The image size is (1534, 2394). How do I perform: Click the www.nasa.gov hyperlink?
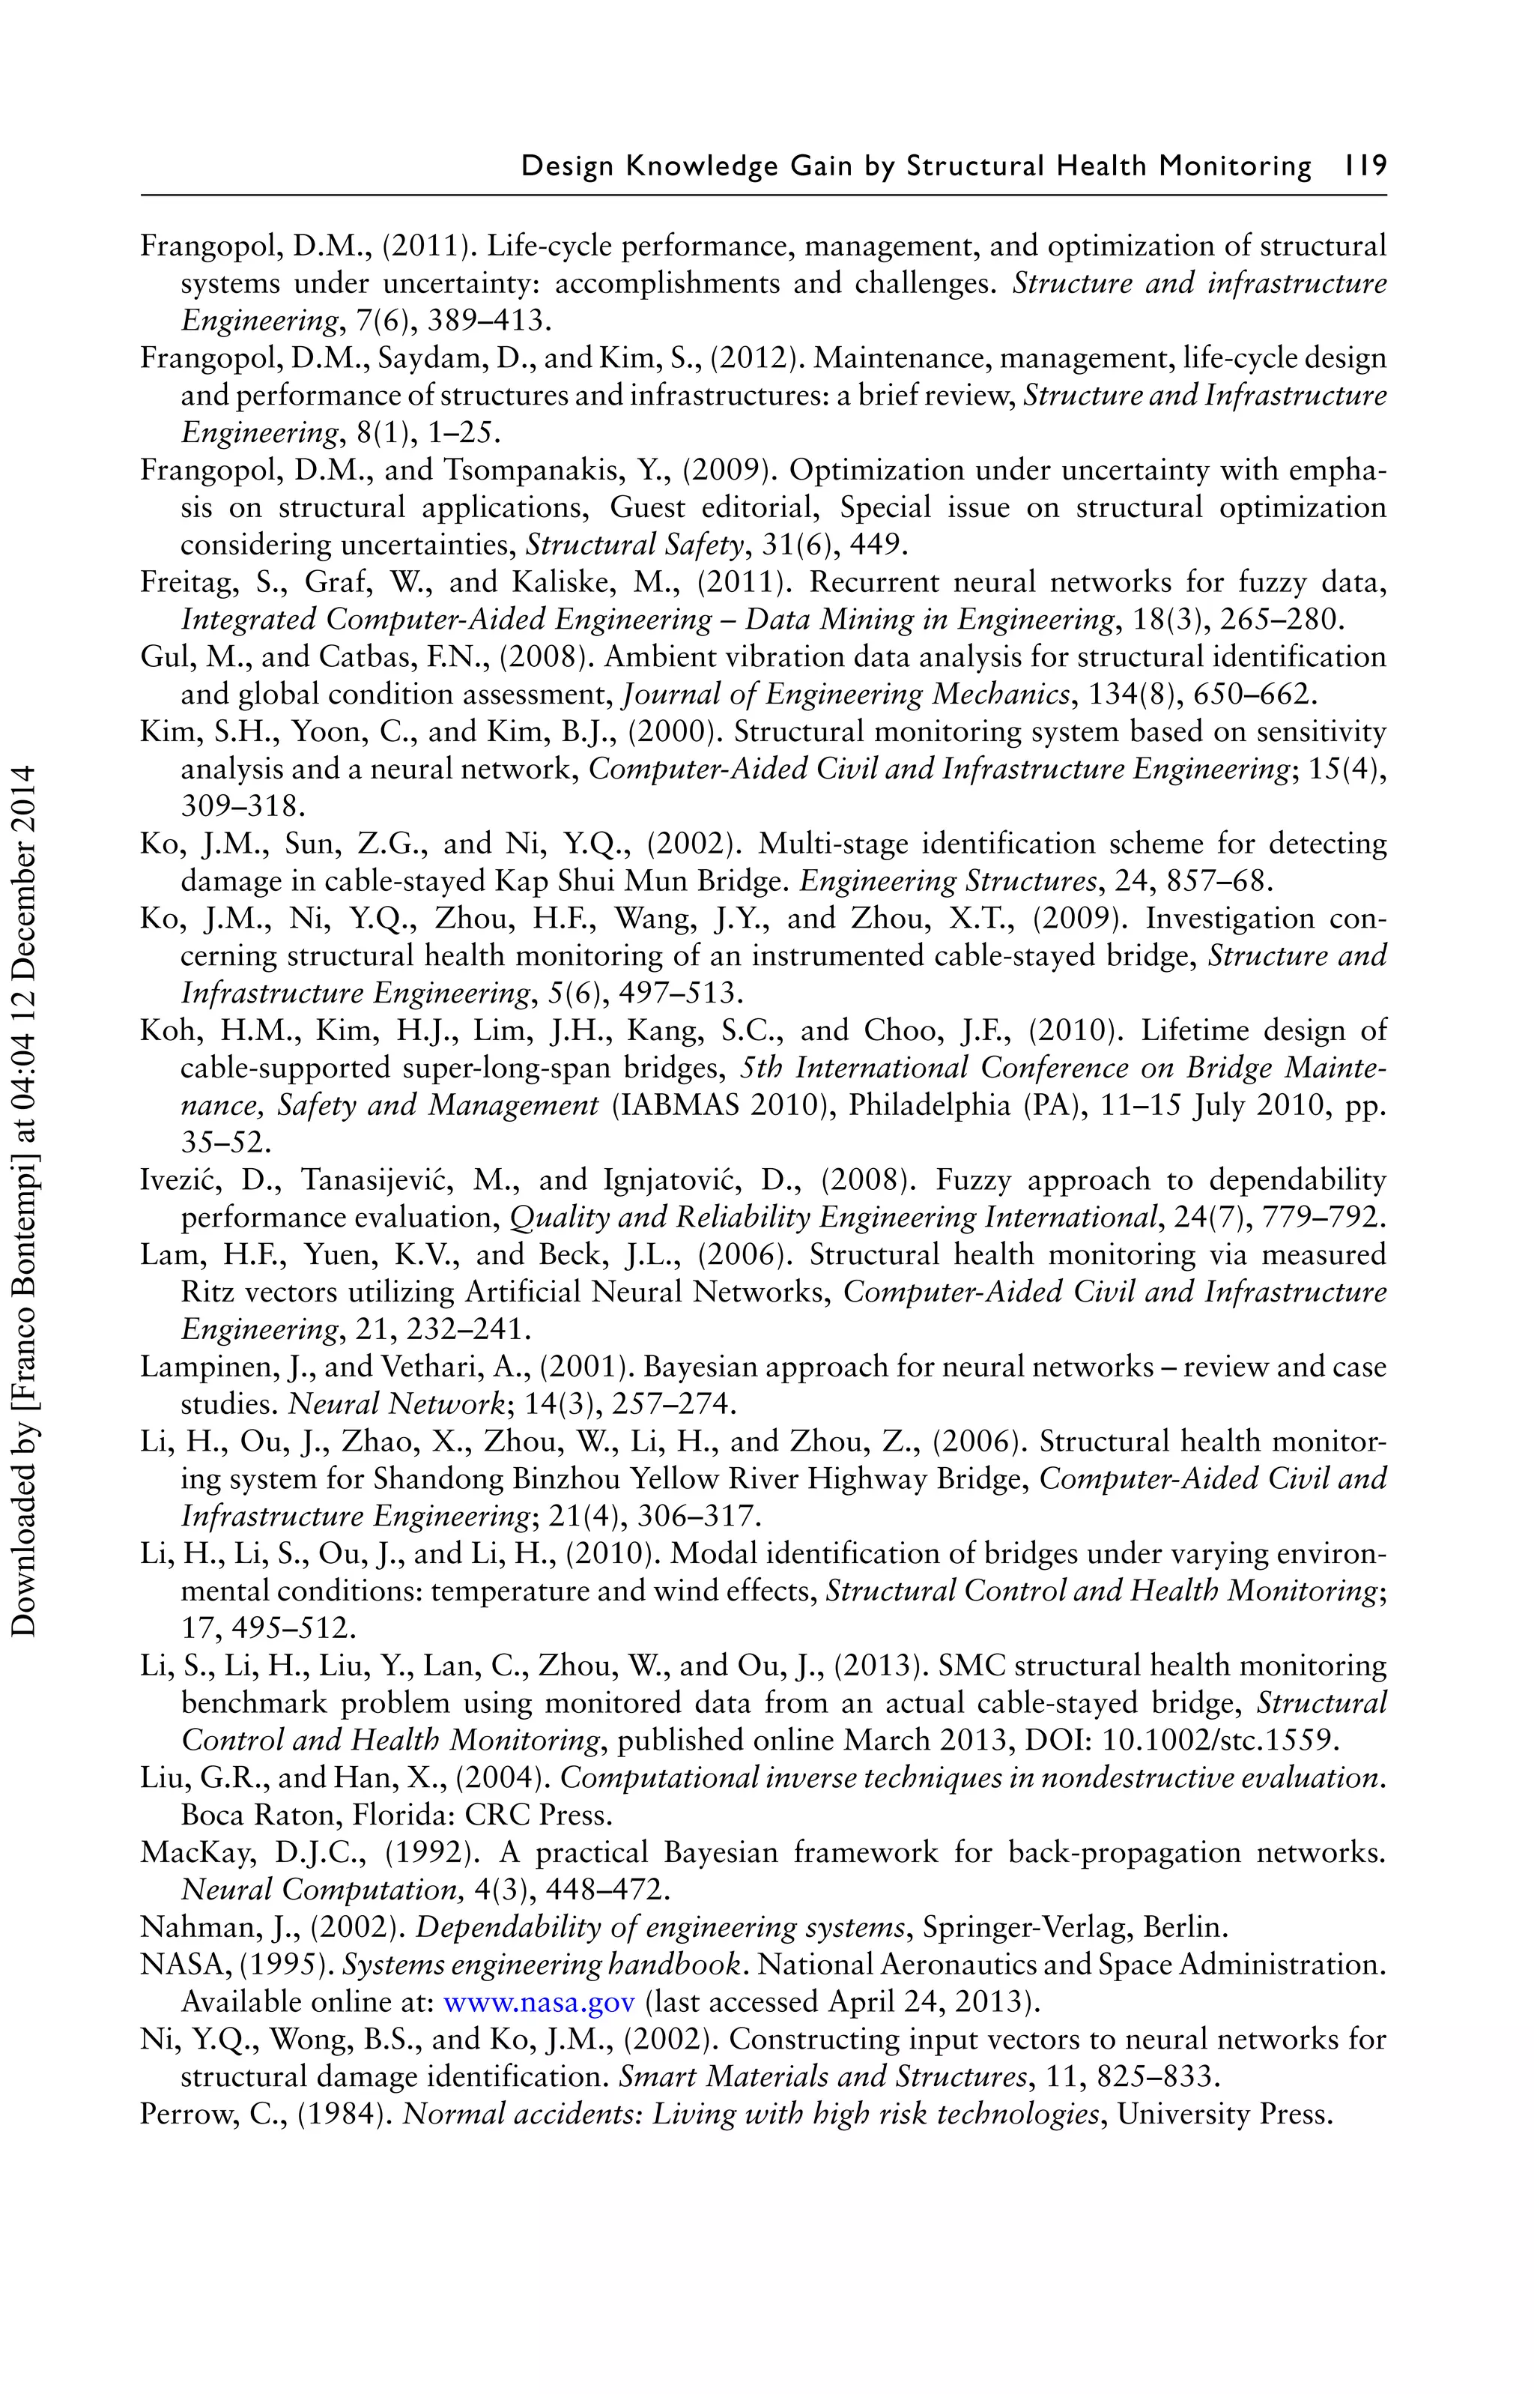click(538, 2001)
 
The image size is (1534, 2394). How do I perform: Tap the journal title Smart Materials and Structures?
click(822, 2077)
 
